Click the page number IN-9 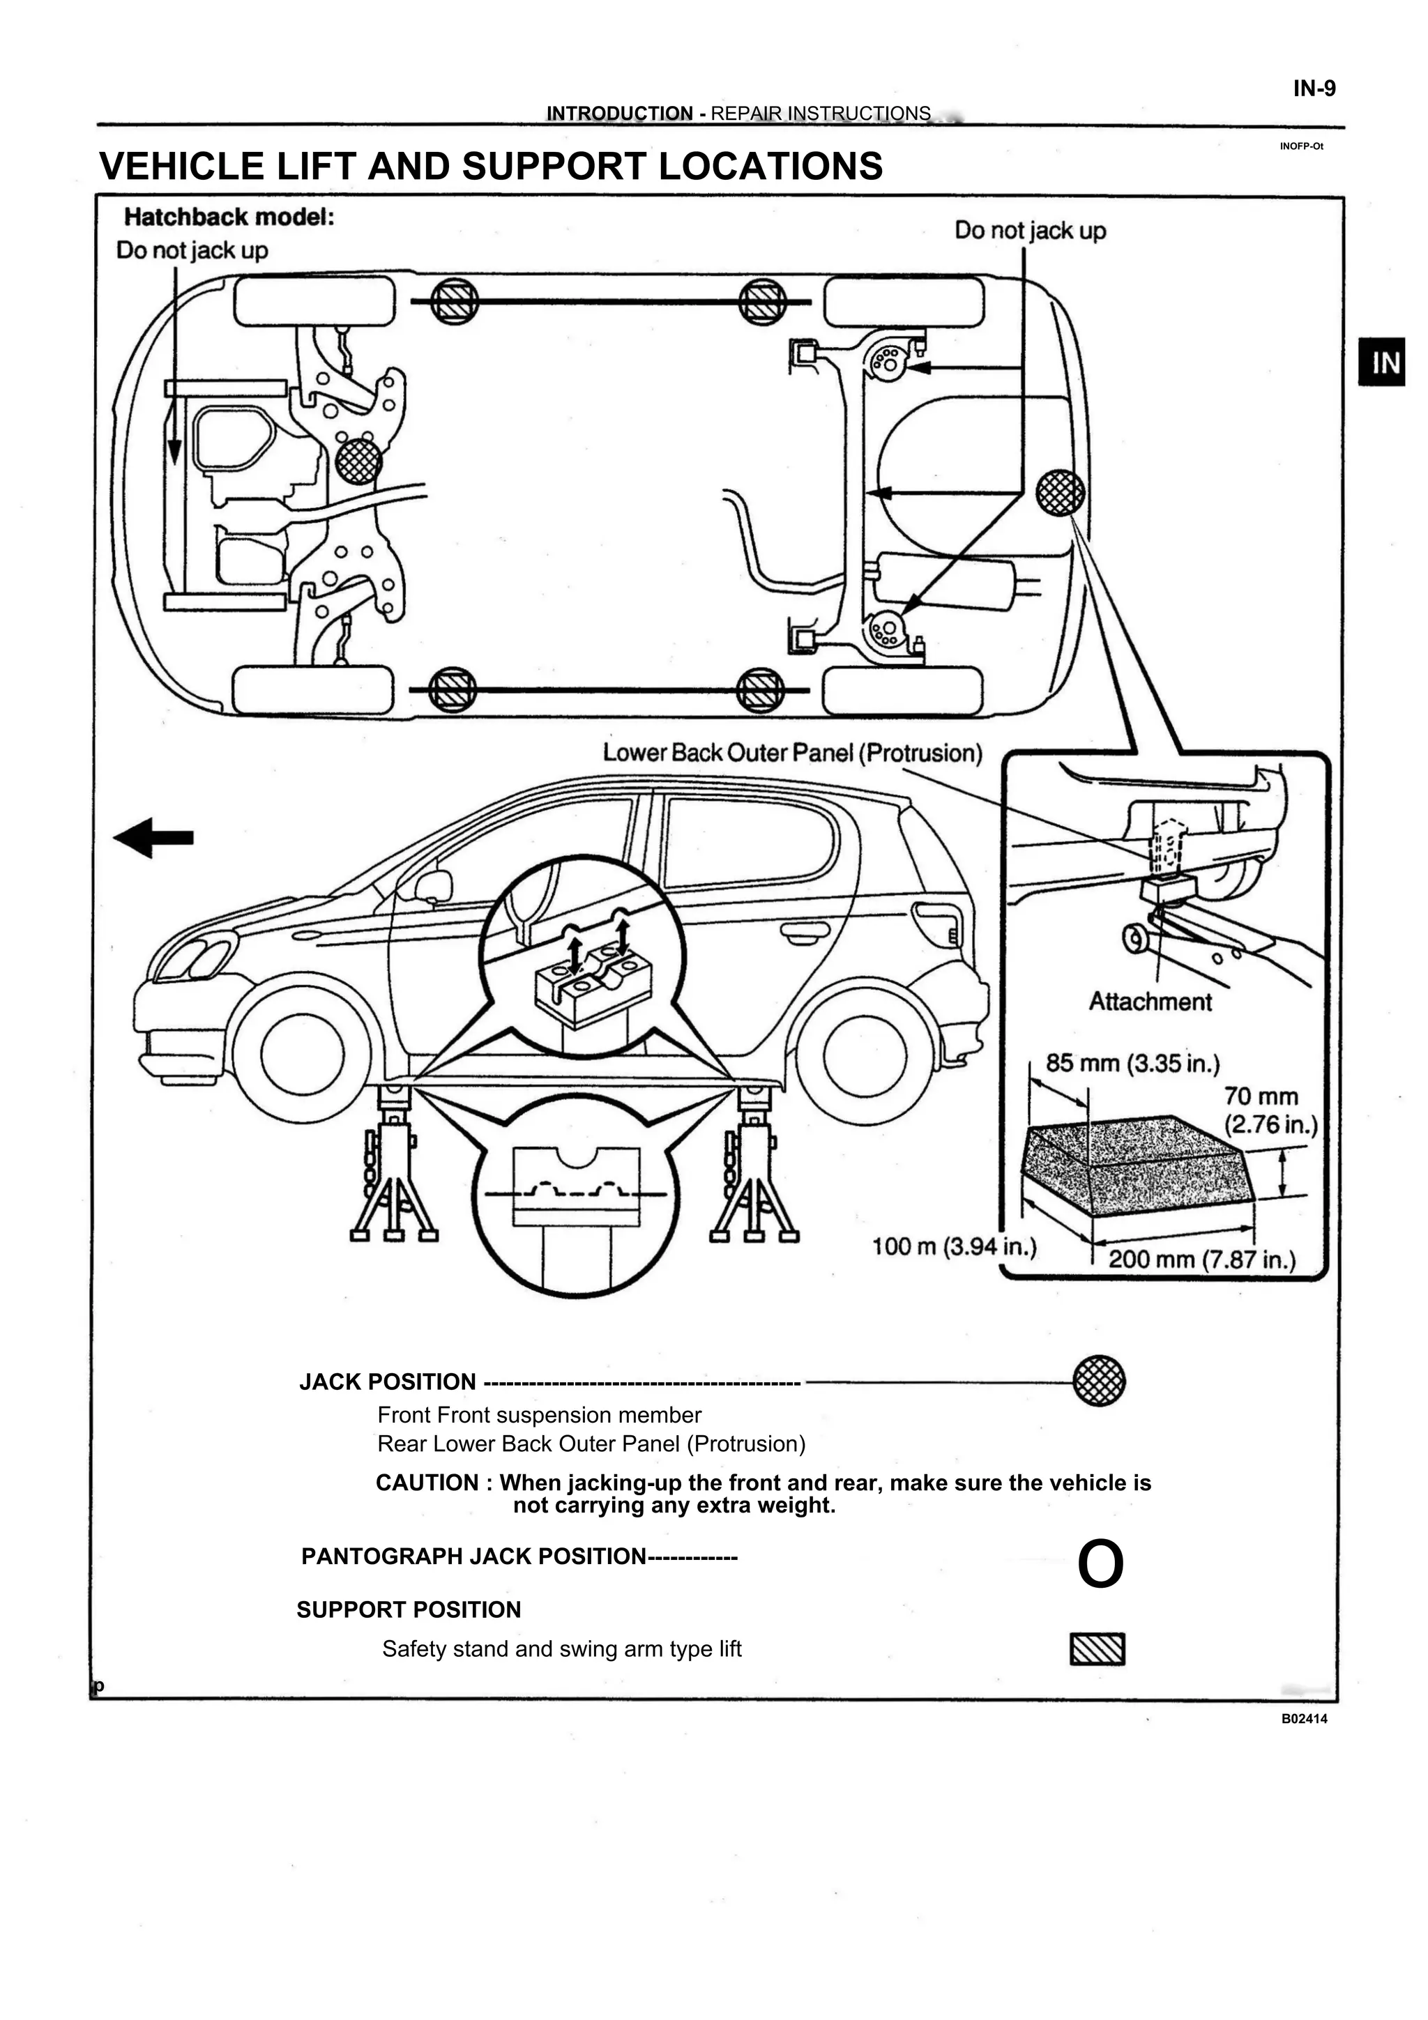[1314, 89]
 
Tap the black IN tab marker [1385, 362]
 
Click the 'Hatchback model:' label [229, 216]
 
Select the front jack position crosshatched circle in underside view [358, 460]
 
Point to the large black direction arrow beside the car [154, 838]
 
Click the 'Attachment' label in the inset [1150, 1001]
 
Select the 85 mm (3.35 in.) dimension [1132, 1063]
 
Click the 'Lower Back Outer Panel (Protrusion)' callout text [792, 753]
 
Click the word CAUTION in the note [427, 1483]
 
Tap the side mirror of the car [434, 885]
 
